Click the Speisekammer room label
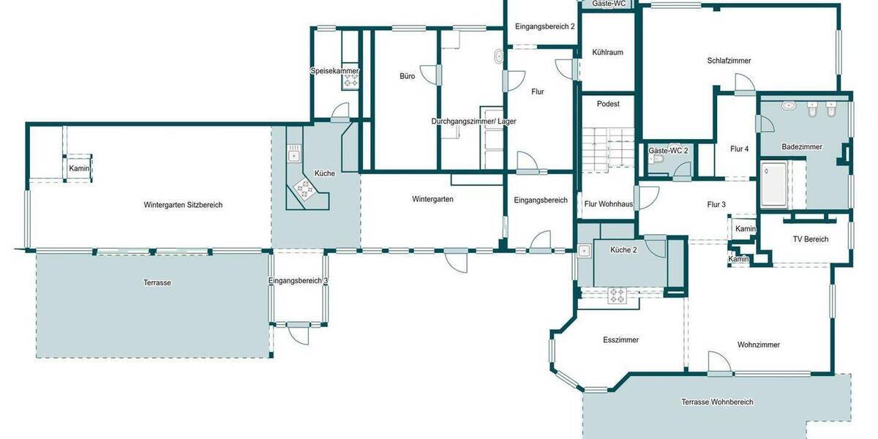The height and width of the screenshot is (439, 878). point(334,71)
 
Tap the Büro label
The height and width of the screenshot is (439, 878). point(407,76)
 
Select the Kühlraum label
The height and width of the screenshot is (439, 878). point(608,53)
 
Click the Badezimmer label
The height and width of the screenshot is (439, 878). point(802,146)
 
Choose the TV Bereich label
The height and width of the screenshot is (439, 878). point(811,239)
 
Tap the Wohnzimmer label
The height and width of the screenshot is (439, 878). point(758,345)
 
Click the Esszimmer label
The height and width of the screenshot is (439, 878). point(620,340)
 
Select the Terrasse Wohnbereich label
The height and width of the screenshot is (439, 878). point(717,402)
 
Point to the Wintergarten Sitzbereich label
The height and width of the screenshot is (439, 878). point(183,205)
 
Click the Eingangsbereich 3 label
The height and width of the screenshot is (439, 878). point(298,280)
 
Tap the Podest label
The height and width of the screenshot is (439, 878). point(607,104)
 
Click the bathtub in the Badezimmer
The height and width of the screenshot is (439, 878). point(773,184)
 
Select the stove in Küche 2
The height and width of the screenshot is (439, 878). point(618,296)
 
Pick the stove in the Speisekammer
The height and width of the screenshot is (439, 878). point(349,82)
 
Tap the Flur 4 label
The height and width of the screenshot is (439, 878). point(739,149)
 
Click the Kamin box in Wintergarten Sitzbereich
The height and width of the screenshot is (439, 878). point(78,168)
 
